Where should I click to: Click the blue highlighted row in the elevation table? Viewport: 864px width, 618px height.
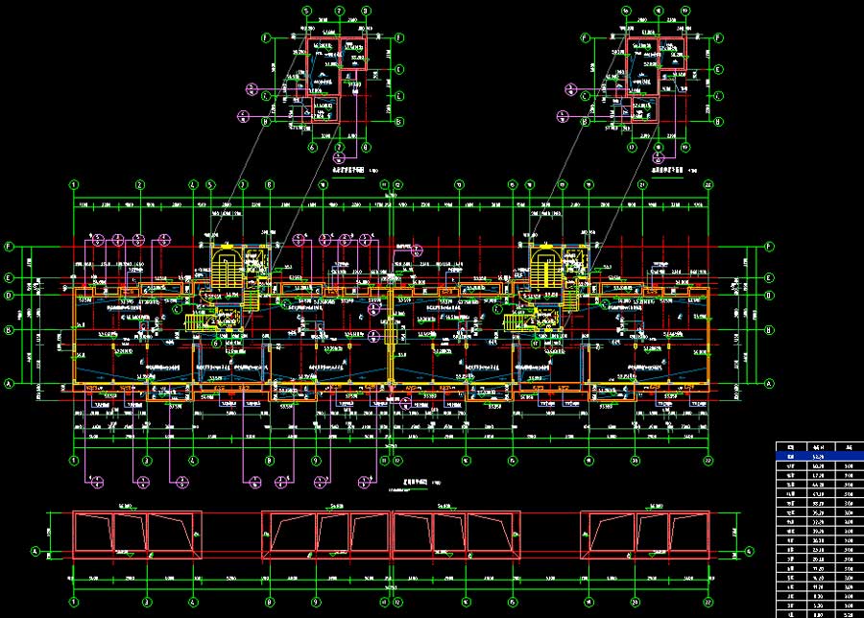tap(819, 457)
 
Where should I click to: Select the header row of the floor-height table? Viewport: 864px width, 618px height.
tap(819, 447)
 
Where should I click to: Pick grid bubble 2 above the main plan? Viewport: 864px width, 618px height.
tap(139, 184)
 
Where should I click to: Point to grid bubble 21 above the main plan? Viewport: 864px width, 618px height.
tap(640, 184)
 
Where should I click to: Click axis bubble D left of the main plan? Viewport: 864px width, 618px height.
tap(9, 296)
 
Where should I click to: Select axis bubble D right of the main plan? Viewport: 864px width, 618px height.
tap(769, 296)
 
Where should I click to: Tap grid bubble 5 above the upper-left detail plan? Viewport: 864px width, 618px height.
tap(308, 12)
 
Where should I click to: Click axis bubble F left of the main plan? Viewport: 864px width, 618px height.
tap(9, 247)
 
